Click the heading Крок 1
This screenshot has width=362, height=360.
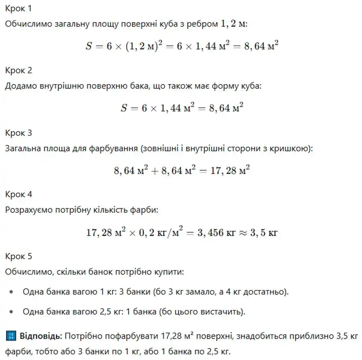point(18,9)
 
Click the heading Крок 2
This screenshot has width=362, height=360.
point(18,71)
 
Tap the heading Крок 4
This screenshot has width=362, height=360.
point(18,194)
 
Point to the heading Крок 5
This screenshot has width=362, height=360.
point(18,257)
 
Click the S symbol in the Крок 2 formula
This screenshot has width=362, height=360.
point(124,108)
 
